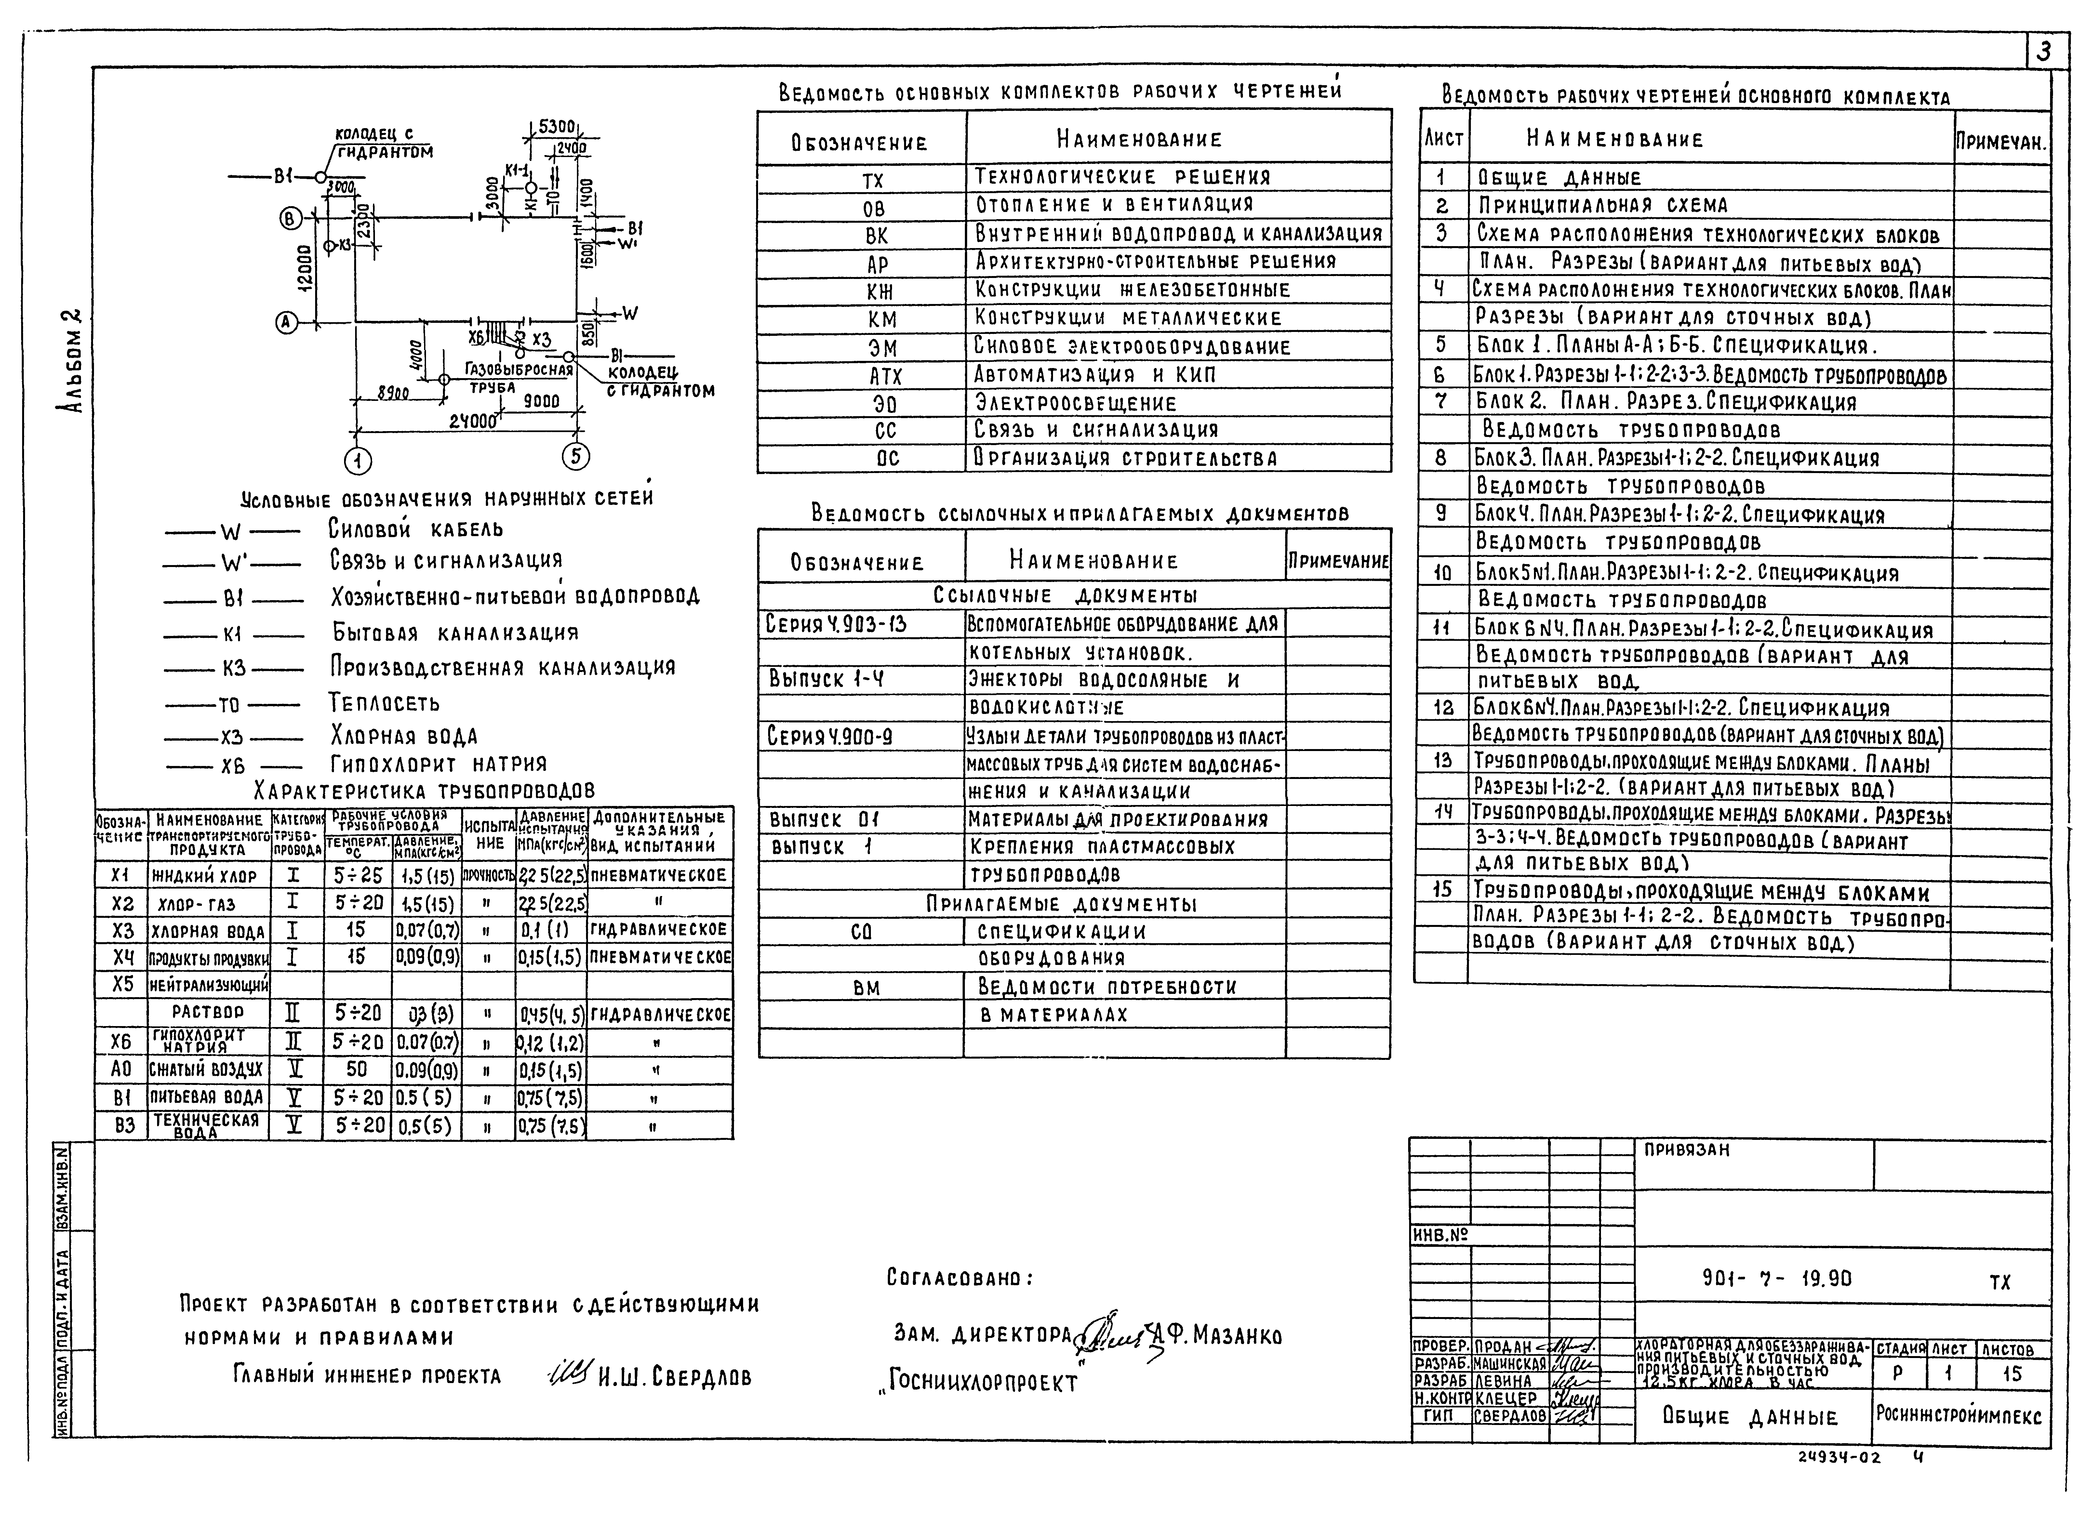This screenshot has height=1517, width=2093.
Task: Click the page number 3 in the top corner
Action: coord(2043,52)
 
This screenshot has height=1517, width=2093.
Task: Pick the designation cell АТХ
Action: coord(885,376)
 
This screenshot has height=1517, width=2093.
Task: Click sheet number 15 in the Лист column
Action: coord(1442,890)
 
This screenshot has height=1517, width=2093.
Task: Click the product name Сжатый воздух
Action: coord(207,1070)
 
